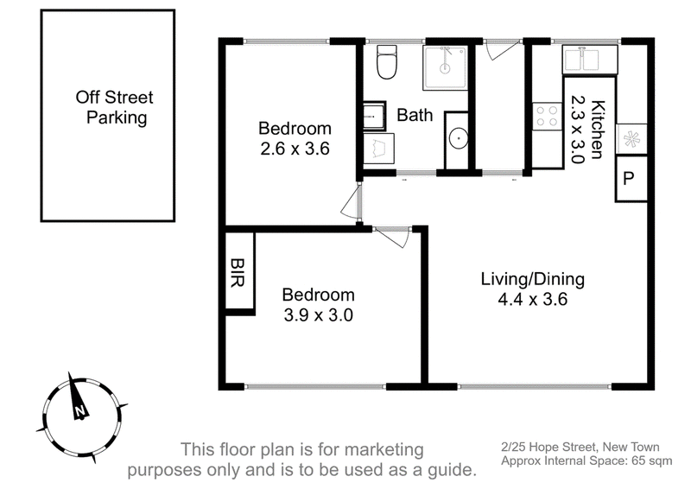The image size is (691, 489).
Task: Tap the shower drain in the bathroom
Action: pos(446,68)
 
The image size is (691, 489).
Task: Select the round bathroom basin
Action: pos(459,138)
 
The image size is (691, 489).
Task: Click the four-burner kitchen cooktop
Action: pos(547,116)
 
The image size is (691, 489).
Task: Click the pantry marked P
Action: pos(631,179)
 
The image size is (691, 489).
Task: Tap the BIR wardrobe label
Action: pos(238,272)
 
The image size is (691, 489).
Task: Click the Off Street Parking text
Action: pos(115,107)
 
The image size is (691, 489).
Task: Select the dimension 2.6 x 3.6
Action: pos(295,149)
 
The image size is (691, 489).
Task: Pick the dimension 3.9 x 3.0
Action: pos(318,314)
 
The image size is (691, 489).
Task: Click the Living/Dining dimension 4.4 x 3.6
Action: pos(532,300)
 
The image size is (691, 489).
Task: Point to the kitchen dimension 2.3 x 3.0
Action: pos(577,130)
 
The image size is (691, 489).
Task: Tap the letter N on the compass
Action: pos(79,411)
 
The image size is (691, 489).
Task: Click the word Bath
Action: pos(415,115)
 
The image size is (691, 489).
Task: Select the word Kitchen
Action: pos(597,130)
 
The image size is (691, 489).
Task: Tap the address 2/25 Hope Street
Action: pos(548,448)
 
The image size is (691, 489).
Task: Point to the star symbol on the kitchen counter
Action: pos(631,139)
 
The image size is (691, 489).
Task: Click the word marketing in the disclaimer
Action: pos(384,450)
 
